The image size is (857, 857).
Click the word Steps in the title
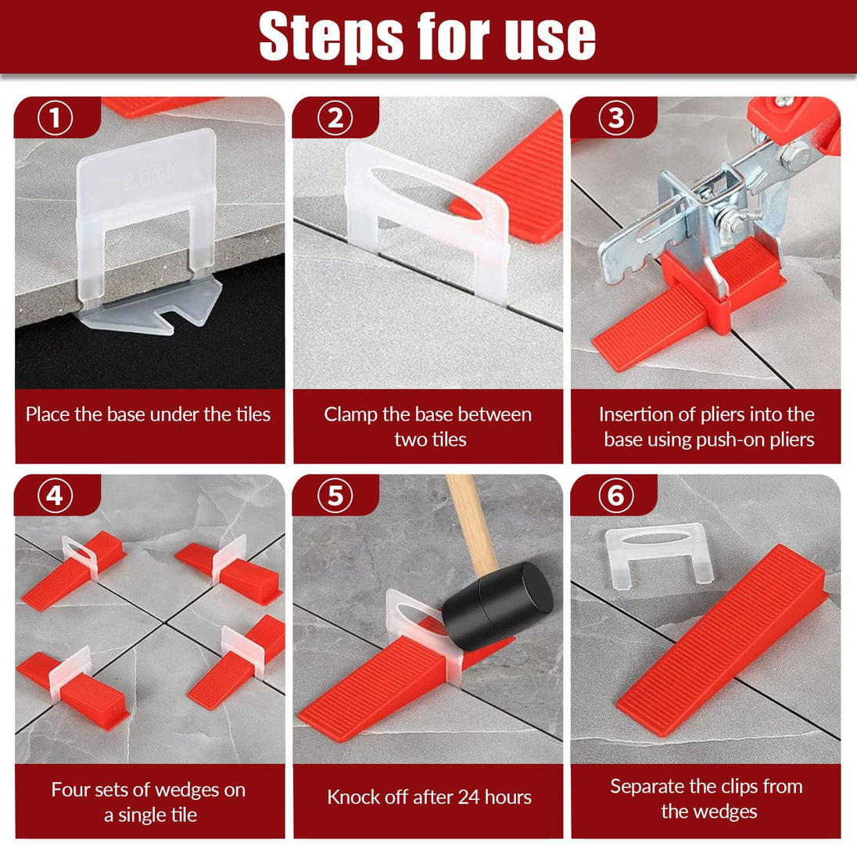point(332,37)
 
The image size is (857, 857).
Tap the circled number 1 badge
point(55,117)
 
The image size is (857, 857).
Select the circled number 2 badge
point(335,117)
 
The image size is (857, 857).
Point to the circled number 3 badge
point(616,117)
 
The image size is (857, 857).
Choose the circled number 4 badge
point(55,496)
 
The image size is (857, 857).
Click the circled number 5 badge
point(335,496)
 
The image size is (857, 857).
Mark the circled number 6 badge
point(616,496)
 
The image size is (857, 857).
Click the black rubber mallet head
point(497,606)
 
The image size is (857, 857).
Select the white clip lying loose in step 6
point(659,553)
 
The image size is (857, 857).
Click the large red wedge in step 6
point(723,640)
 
